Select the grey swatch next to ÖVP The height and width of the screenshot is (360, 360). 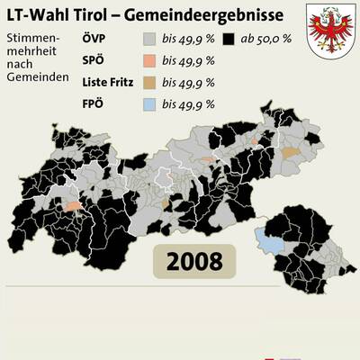(x=149, y=40)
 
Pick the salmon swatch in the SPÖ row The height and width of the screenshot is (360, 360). (x=149, y=61)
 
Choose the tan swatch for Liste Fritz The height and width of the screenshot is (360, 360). (x=149, y=83)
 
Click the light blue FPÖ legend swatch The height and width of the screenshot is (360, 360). (x=149, y=104)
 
